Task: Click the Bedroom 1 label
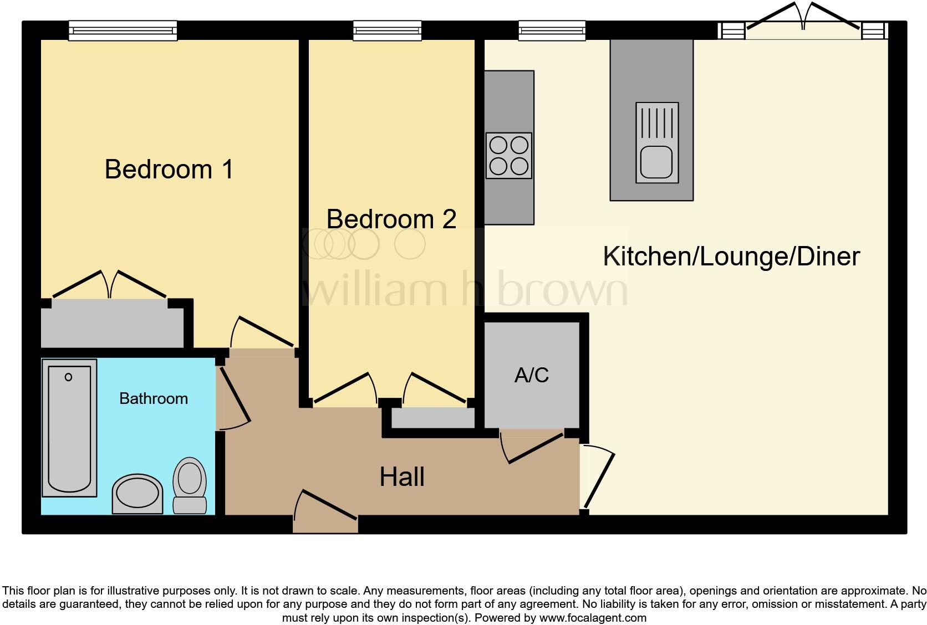pyautogui.click(x=169, y=169)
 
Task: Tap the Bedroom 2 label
pyautogui.click(x=391, y=219)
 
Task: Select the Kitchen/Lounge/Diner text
pyautogui.click(x=731, y=256)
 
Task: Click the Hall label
pyautogui.click(x=402, y=477)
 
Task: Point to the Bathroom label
pyautogui.click(x=154, y=398)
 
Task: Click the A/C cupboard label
pyautogui.click(x=531, y=375)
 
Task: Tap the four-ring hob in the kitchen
pyautogui.click(x=509, y=155)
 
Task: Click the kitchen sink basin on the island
pyautogui.click(x=656, y=162)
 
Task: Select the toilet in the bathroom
pyautogui.click(x=190, y=485)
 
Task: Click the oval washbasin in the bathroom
pyautogui.click(x=137, y=493)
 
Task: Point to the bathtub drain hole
pyautogui.click(x=68, y=377)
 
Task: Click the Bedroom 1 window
pyautogui.click(x=123, y=30)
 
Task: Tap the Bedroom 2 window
pyautogui.click(x=387, y=30)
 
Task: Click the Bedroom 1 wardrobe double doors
pyautogui.click(x=110, y=285)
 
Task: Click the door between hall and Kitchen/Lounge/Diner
pyautogui.click(x=598, y=477)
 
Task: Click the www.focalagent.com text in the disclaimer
pyautogui.click(x=592, y=618)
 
